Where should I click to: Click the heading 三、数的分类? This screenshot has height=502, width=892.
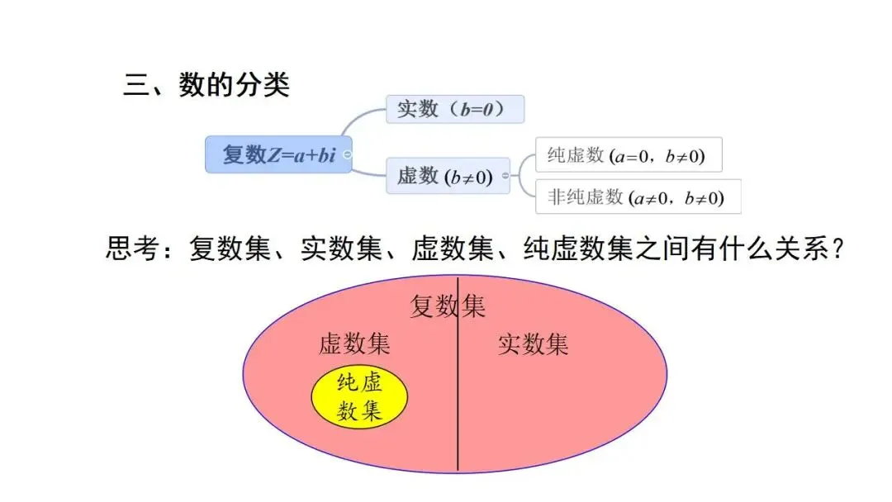tap(206, 85)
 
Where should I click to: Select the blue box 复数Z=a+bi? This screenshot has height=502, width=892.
tap(278, 154)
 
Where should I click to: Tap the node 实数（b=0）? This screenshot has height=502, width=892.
tap(454, 109)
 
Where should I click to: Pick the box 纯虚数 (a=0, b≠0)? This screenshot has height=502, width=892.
tap(629, 154)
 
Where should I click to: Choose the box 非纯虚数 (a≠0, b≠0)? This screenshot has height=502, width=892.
tap(638, 197)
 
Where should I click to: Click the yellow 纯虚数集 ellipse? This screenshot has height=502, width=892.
tap(359, 398)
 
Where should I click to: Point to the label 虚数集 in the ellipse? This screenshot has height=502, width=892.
tap(354, 344)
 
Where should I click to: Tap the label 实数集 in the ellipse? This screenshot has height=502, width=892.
tap(534, 344)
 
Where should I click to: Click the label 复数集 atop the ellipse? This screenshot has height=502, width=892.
tap(448, 307)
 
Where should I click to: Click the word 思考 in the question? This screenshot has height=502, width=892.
tap(133, 249)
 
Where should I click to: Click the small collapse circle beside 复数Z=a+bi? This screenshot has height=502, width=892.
tap(348, 154)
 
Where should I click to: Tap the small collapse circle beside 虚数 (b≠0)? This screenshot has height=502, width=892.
tap(505, 176)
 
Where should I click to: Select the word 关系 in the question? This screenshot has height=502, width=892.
tap(799, 249)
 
